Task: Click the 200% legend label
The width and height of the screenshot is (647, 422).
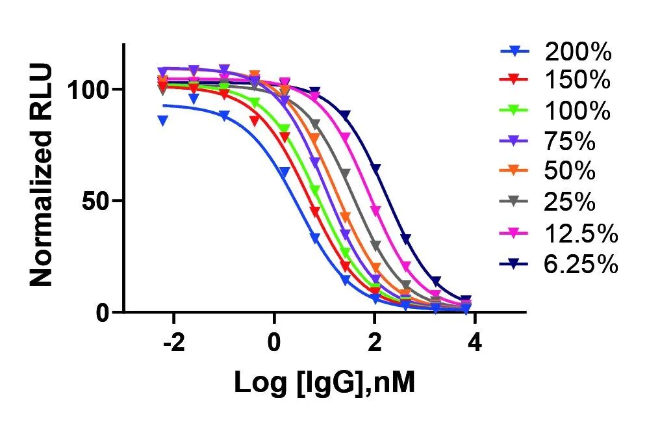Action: [x=577, y=51]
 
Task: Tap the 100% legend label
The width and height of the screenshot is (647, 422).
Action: [x=577, y=111]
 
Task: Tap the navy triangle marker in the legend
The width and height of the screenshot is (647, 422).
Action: [x=515, y=263]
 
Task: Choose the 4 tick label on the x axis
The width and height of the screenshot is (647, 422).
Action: [x=475, y=343]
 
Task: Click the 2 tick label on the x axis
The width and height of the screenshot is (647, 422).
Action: [x=375, y=343]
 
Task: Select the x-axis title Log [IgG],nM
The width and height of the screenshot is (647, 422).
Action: [x=324, y=383]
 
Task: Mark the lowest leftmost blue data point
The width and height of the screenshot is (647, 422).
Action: [x=163, y=120]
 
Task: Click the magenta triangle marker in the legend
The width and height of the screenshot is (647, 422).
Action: [x=515, y=233]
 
